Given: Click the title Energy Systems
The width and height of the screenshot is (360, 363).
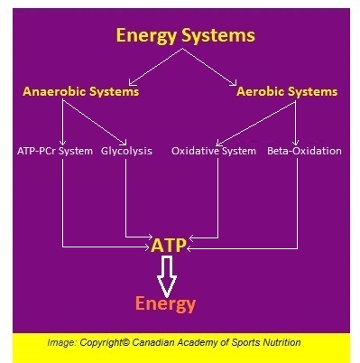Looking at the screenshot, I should tap(185, 35).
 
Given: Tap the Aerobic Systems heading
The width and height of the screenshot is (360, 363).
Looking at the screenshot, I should tap(287, 92).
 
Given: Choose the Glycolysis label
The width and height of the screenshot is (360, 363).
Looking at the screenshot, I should tap(127, 151).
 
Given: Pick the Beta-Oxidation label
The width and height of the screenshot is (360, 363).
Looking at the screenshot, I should tap(304, 151).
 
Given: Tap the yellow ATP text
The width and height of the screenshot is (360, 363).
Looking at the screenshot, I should tap(170, 246).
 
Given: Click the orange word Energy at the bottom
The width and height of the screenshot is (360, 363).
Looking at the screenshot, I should tap(165, 303).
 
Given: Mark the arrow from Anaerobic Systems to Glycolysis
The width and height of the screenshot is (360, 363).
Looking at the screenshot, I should tap(95, 121).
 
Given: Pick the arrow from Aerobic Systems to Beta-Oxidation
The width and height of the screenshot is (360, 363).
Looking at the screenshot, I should tap(298, 121).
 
